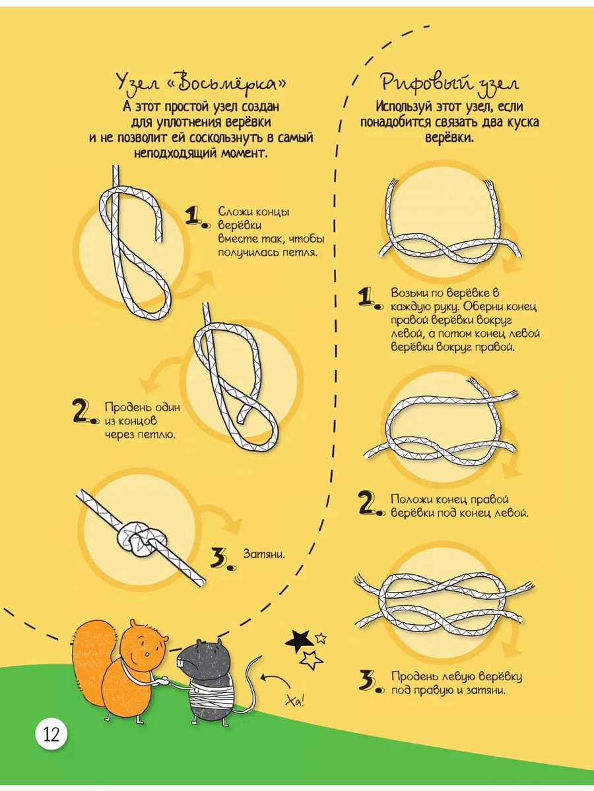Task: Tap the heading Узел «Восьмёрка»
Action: [x=201, y=84]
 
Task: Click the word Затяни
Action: [x=264, y=554]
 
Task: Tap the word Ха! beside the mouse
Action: [x=295, y=701]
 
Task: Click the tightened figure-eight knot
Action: [x=141, y=539]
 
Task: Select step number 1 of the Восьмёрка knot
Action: [x=197, y=218]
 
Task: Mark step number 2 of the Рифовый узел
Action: [x=372, y=504]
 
